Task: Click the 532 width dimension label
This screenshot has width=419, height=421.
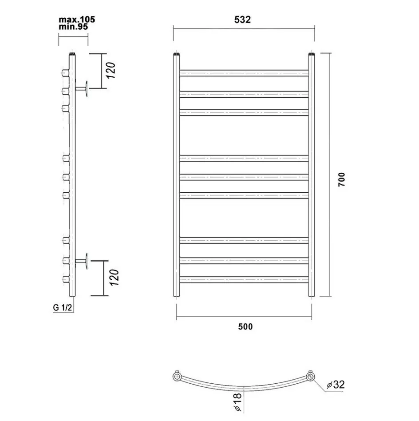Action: tap(242, 20)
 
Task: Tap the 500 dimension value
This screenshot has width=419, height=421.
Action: tap(245, 326)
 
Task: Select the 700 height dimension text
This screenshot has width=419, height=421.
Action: tap(341, 179)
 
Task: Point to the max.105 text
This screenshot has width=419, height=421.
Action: tap(77, 20)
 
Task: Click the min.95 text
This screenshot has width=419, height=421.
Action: tap(73, 27)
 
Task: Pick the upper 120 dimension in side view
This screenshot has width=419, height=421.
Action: tap(111, 70)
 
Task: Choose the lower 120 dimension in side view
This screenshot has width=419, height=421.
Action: tap(114, 278)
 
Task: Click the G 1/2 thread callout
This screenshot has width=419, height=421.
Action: tap(63, 307)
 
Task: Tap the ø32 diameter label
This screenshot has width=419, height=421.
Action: tap(336, 385)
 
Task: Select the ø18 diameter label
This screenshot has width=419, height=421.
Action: tap(238, 402)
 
